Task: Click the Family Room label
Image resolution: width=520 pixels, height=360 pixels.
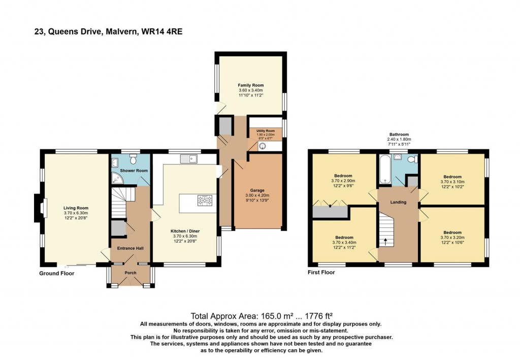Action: click(251, 85)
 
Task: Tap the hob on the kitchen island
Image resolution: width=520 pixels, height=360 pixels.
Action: click(205, 200)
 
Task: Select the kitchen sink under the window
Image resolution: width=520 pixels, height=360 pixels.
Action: click(189, 159)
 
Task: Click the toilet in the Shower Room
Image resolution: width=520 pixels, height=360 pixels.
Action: click(134, 159)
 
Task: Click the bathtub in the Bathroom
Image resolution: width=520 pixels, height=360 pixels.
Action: click(385, 169)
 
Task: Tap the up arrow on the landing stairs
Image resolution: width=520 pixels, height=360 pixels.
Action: click(385, 242)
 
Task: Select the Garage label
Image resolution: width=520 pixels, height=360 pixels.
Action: click(257, 190)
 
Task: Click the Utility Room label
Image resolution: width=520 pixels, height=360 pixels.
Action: click(265, 131)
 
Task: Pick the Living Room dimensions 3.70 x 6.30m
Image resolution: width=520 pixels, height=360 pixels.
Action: click(76, 213)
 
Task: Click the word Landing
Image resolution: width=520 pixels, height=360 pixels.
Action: click(398, 202)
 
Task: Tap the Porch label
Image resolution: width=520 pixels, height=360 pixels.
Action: click(131, 273)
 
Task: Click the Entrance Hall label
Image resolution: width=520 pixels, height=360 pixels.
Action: click(131, 248)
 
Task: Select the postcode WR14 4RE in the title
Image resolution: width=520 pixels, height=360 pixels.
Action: click(162, 32)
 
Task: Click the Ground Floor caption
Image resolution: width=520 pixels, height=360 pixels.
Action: click(57, 274)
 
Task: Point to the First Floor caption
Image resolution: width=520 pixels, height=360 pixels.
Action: click(321, 273)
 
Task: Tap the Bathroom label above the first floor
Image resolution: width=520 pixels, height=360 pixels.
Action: click(399, 135)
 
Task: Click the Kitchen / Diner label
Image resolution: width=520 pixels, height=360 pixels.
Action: click(185, 231)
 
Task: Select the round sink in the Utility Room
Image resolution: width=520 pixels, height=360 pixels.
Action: click(263, 146)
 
